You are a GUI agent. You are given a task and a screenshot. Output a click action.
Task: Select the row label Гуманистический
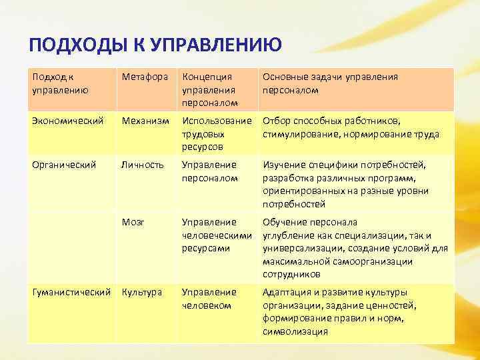click(x=71, y=293)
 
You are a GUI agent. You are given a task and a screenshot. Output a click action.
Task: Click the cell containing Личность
click(x=142, y=165)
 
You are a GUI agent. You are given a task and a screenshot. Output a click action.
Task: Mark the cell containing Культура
click(x=141, y=293)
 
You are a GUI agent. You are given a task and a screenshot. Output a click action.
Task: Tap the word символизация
click(x=295, y=331)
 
